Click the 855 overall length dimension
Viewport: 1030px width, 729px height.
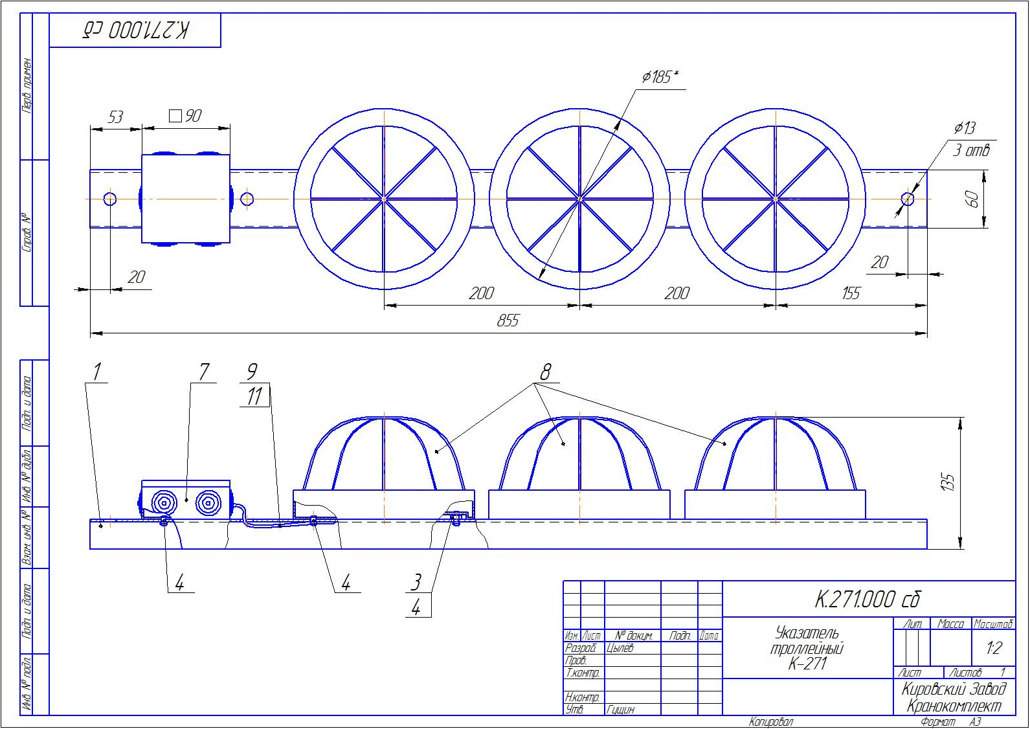point(508,321)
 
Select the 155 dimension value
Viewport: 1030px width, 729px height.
point(851,294)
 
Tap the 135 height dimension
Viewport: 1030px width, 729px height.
point(948,482)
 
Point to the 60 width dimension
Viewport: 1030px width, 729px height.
point(972,199)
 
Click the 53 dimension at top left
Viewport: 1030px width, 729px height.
point(115,117)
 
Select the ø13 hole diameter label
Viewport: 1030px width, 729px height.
point(964,128)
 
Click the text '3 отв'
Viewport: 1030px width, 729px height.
point(971,150)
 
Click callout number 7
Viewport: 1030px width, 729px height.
point(204,372)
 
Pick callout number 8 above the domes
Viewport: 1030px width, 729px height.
point(546,372)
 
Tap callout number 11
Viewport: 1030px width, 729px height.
point(255,396)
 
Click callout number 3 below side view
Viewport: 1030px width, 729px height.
point(416,582)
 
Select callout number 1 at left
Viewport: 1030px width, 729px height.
point(97,372)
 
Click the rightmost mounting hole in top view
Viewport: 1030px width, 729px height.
point(908,199)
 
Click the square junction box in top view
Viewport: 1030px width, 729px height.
point(186,199)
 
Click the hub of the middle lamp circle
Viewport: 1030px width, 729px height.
point(580,199)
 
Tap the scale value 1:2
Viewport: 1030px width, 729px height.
point(994,648)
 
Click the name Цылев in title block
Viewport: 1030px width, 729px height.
point(620,648)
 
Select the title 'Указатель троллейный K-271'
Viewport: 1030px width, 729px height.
point(807,648)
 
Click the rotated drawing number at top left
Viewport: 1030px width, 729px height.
point(136,30)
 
